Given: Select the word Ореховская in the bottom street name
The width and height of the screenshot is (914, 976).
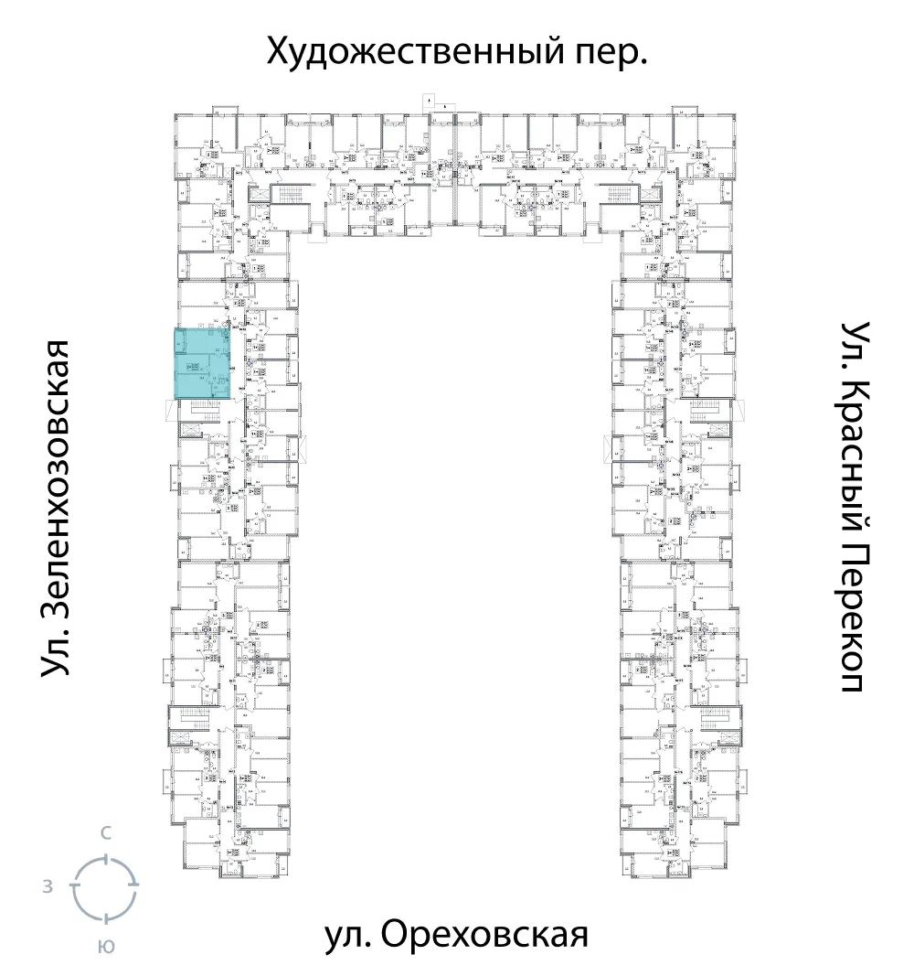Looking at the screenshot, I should click(x=482, y=936).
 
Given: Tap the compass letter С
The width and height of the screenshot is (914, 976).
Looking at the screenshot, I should click(x=106, y=832).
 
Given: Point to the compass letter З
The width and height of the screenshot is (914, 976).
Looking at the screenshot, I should click(x=46, y=887).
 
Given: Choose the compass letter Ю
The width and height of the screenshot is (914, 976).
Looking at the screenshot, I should click(x=106, y=947).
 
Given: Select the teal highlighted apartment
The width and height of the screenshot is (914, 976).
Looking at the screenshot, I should click(x=202, y=363).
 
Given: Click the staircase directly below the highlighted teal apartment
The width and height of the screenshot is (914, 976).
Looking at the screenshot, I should click(x=202, y=413).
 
